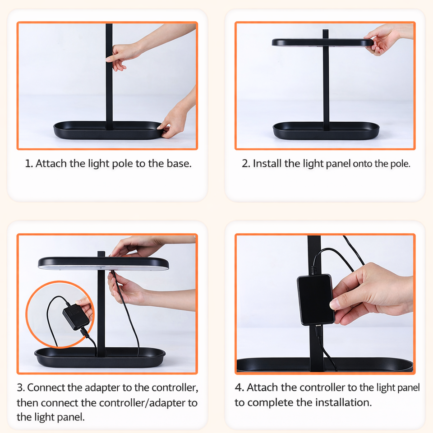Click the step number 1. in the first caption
[x=29, y=163]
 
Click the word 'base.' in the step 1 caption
[x=179, y=163]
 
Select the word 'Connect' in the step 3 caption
[x=46, y=387]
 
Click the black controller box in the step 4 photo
[x=315, y=299]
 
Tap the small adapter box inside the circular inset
[x=76, y=317]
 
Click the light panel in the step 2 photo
[x=322, y=42]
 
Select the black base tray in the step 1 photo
[x=108, y=130]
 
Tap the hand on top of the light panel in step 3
[x=138, y=247]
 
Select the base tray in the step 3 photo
[x=100, y=357]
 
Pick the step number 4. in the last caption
[x=239, y=387]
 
